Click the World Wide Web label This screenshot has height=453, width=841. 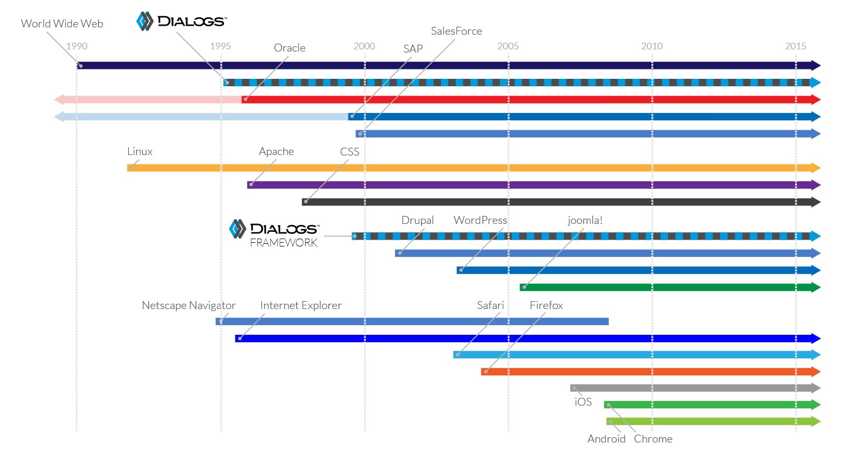(62, 24)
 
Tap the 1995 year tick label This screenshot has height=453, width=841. (220, 46)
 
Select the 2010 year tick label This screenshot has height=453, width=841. (652, 46)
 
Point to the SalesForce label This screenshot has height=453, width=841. (456, 31)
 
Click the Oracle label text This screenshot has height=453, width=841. (290, 48)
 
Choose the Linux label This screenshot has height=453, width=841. (140, 151)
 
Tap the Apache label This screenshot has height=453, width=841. (276, 152)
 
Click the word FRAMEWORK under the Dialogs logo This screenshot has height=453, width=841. (284, 242)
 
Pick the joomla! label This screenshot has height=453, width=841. (585, 220)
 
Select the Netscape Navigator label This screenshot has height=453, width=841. (189, 305)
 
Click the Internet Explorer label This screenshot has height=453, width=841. (301, 305)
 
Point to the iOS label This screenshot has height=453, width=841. (583, 402)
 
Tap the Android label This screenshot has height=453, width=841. (607, 439)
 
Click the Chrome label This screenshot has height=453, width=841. (653, 439)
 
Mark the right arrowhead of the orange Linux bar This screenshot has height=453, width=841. (815, 168)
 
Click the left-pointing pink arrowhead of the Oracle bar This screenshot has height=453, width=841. (59, 99)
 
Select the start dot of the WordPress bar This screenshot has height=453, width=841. (461, 270)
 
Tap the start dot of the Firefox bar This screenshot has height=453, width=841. (486, 372)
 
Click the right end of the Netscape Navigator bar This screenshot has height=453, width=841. (608, 321)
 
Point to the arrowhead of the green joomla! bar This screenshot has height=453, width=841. (815, 287)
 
